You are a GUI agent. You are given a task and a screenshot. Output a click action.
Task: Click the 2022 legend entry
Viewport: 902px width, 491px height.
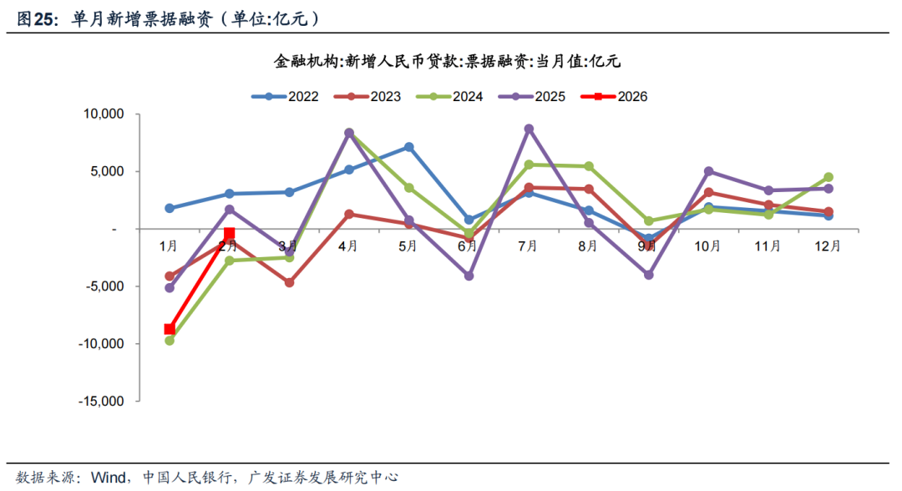tap(285, 96)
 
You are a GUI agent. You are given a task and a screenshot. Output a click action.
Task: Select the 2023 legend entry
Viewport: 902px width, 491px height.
tap(367, 96)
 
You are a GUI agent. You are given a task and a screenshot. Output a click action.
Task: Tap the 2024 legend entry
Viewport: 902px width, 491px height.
tap(449, 96)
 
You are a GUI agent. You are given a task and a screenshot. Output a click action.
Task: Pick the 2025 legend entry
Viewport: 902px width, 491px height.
tap(531, 96)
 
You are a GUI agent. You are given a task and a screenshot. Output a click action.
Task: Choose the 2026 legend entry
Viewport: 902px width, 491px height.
tap(614, 96)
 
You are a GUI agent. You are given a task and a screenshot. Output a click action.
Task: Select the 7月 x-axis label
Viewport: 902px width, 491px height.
tap(528, 245)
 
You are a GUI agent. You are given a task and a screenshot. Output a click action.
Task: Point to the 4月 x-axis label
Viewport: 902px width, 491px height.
tap(348, 245)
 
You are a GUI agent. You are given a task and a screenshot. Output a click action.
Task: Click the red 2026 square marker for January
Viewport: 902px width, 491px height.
tap(170, 329)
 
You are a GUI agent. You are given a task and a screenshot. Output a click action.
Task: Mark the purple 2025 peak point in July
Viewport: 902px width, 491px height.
tap(529, 129)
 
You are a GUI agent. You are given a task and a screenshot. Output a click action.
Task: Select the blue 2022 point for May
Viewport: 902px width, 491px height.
tap(408, 147)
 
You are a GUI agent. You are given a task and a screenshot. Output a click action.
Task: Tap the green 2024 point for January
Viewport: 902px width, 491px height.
tap(170, 341)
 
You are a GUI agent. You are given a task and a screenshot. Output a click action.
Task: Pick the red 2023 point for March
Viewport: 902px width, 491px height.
tap(289, 283)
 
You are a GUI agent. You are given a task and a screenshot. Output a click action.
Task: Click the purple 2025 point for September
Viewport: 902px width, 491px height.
tap(648, 275)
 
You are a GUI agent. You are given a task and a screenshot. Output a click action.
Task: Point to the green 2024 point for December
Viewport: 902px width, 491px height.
tap(828, 177)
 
